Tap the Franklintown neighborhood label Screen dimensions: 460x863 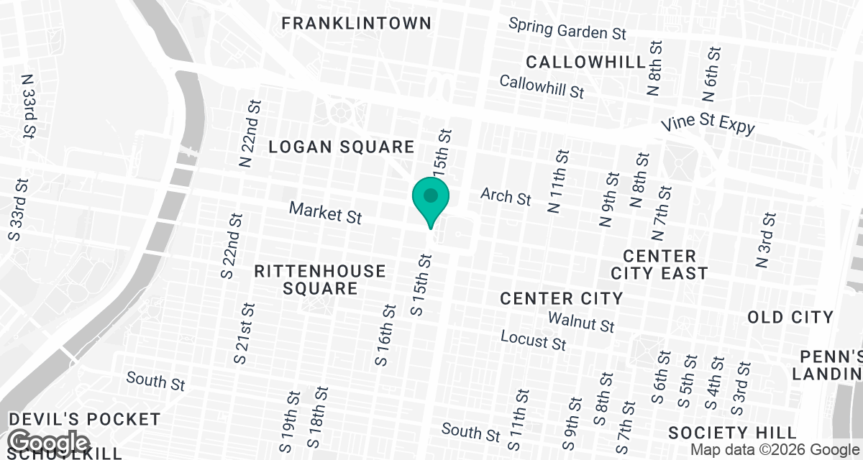point(356,23)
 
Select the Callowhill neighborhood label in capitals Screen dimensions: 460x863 point(586,61)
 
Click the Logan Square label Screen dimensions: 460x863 point(342,147)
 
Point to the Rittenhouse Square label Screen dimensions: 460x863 point(320,280)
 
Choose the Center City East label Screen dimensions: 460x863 point(659,264)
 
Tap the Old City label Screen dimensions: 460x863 point(790,317)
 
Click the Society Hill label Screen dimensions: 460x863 point(733,433)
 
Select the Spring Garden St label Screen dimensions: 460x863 point(567,29)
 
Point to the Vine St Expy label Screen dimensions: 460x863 point(708,124)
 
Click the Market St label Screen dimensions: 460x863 point(325,212)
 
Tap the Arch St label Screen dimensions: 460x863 point(506,195)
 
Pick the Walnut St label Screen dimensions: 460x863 point(581,321)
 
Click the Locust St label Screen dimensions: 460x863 point(534,340)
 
